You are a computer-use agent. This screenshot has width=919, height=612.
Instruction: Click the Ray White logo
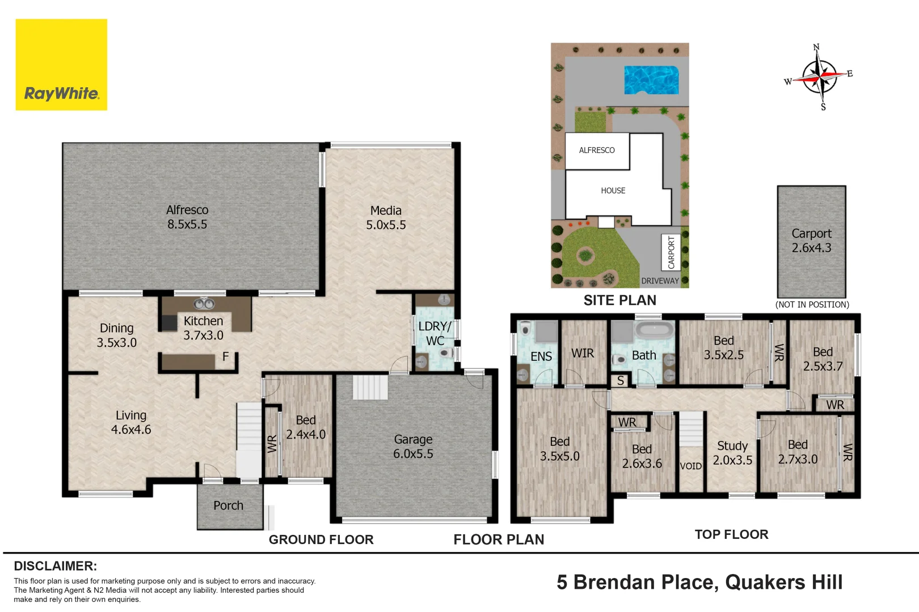tap(61, 65)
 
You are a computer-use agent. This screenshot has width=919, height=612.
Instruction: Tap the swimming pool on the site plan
tap(651, 80)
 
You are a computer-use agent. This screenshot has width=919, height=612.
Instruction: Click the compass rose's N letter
tap(816, 47)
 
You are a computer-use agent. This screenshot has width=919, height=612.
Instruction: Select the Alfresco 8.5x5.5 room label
tap(187, 217)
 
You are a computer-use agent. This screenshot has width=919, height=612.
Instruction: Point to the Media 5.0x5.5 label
tap(386, 217)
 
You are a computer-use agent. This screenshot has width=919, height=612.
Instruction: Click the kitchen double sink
tap(204, 304)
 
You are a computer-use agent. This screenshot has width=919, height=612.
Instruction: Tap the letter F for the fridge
tap(225, 356)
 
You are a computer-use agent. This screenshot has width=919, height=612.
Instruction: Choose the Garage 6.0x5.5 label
tap(413, 446)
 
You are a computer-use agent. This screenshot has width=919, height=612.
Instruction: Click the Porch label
tap(228, 505)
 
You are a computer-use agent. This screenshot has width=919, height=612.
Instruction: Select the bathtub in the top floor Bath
tap(655, 330)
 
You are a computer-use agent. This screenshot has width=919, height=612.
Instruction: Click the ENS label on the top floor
tap(541, 356)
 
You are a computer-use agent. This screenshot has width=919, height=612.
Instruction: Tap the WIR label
tap(583, 353)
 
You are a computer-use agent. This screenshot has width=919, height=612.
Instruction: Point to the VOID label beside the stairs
tap(691, 466)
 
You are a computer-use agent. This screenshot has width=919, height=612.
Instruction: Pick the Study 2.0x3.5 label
tap(732, 453)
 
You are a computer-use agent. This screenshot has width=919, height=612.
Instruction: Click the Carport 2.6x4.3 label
tap(812, 240)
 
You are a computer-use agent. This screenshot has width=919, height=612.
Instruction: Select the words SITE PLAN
tap(620, 300)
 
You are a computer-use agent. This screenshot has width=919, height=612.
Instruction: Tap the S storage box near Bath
tap(621, 381)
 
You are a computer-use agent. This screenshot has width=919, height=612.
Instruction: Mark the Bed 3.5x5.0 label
tap(559, 449)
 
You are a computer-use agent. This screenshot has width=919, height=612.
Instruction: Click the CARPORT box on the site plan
tap(671, 252)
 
